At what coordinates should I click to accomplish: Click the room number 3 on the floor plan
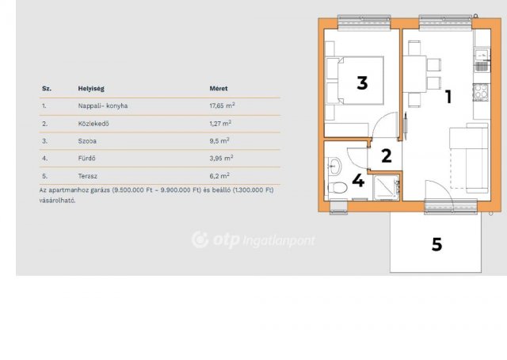pyautogui.click(x=362, y=82)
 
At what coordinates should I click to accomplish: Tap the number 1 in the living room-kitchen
pyautogui.click(x=448, y=98)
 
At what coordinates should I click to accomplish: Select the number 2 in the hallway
pyautogui.click(x=386, y=155)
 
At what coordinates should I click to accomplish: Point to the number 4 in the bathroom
pyautogui.click(x=358, y=181)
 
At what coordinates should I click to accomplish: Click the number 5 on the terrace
pyautogui.click(x=436, y=245)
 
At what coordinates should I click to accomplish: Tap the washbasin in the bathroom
pyautogui.click(x=334, y=166)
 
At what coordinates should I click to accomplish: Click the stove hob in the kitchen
pyautogui.click(x=480, y=92)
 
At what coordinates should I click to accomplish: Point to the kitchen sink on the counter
pyautogui.click(x=480, y=55)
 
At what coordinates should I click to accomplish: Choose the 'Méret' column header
pyautogui.click(x=219, y=89)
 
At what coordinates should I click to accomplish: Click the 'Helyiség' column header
pyautogui.click(x=91, y=89)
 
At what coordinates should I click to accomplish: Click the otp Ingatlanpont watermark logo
pyautogui.click(x=253, y=239)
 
